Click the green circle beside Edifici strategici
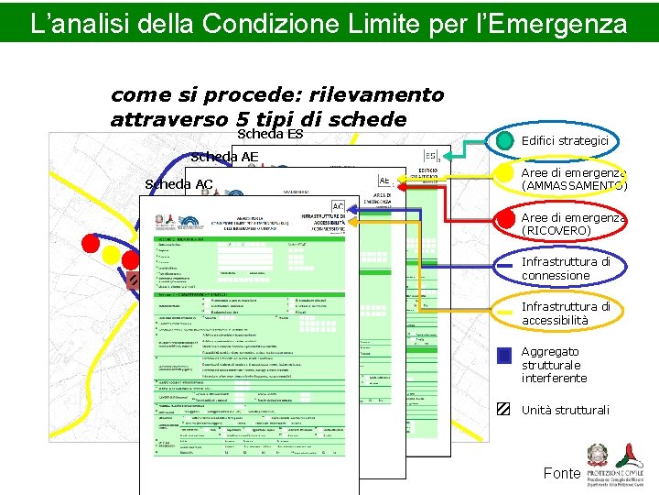pos(504,141)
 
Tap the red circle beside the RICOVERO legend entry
pos(504,219)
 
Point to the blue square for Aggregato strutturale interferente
pos(503,356)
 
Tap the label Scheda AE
pos(224,157)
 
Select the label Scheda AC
pos(178,184)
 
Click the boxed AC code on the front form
pos(338,207)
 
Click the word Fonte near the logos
pos(561,473)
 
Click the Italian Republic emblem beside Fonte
pos(600,456)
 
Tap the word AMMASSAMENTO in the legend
pos(574,186)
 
